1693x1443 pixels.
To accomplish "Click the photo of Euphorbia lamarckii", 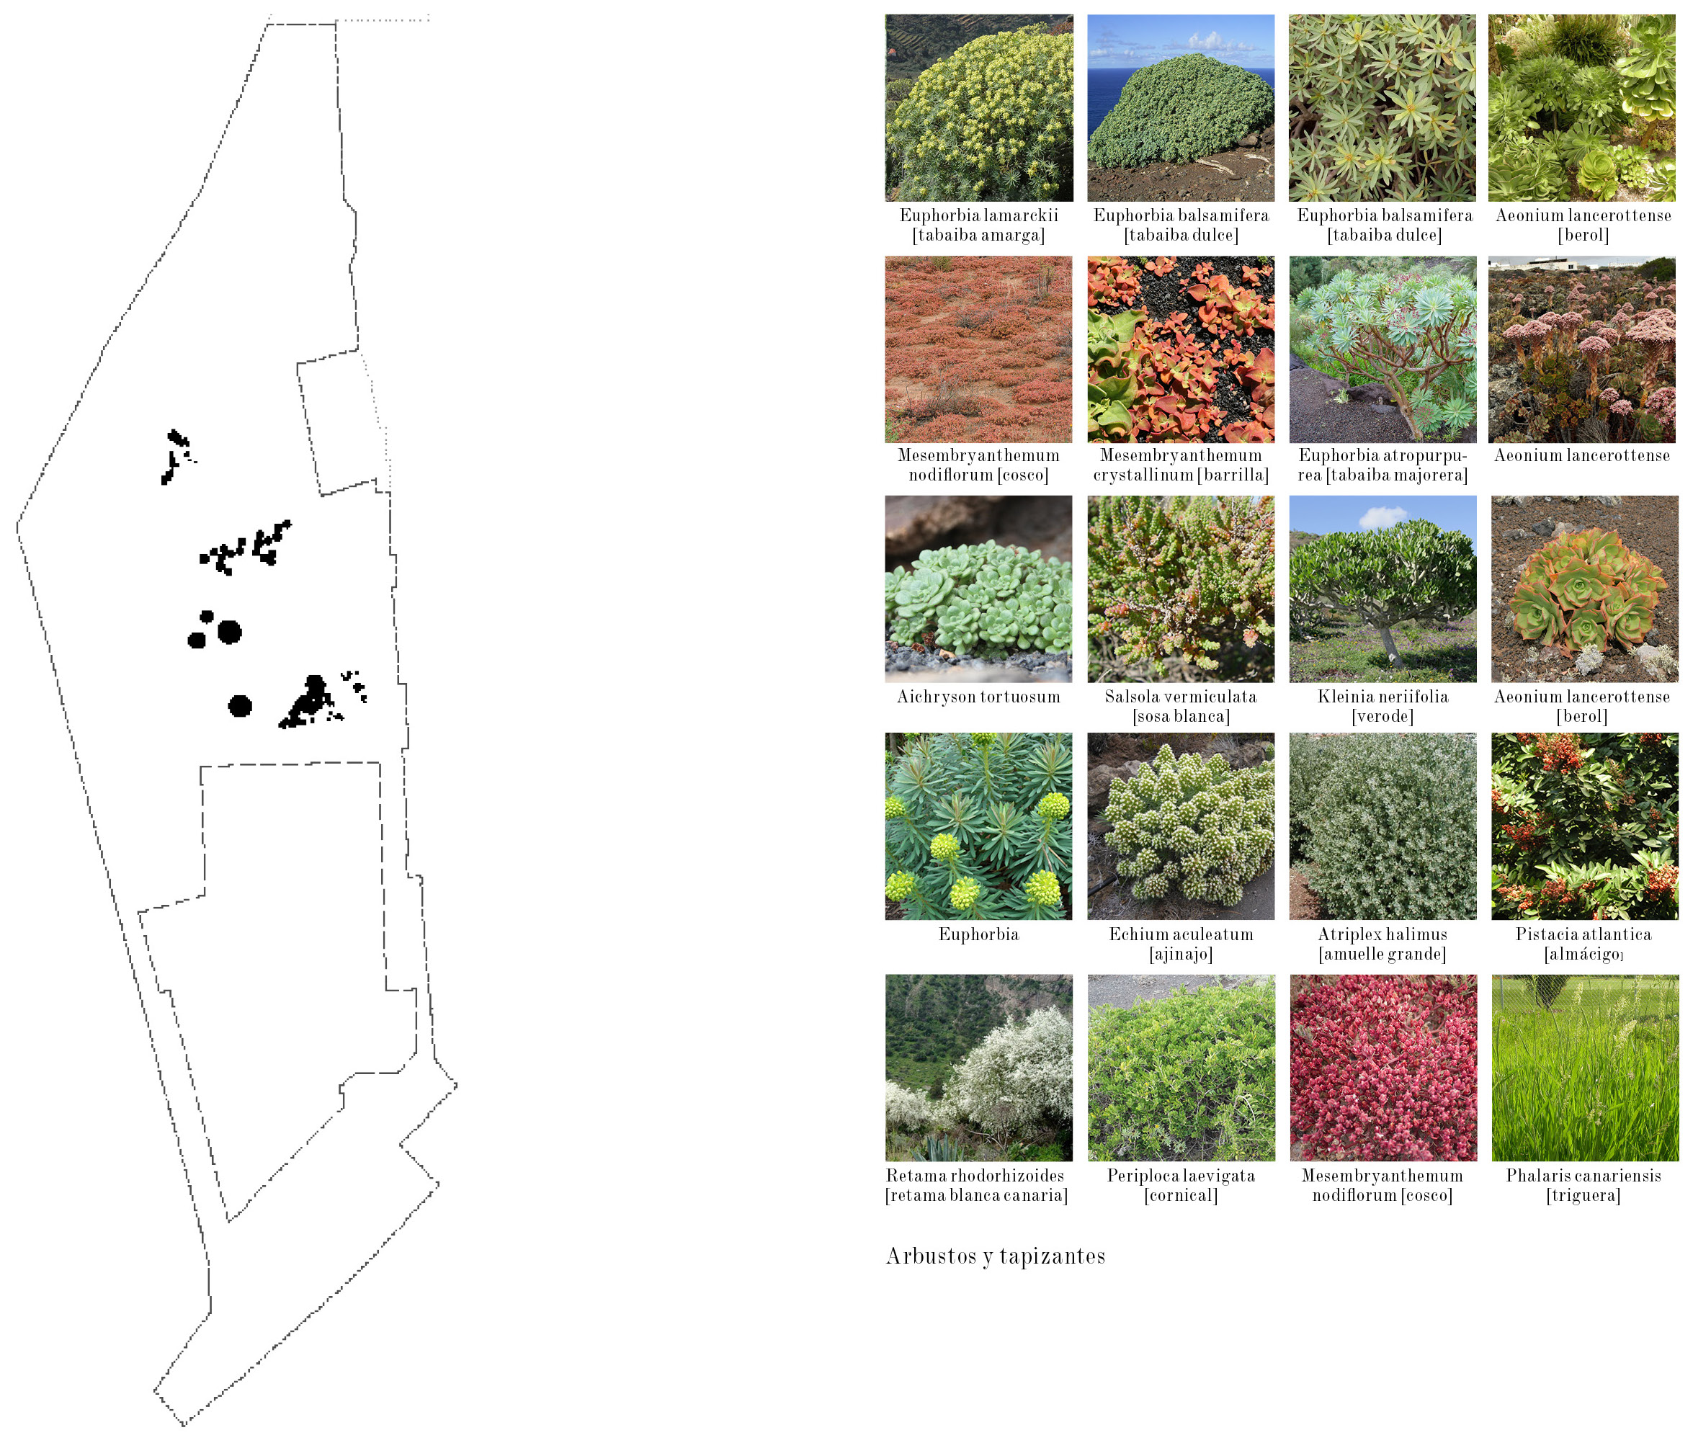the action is (x=979, y=108).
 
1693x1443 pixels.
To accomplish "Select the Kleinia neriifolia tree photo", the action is (x=1382, y=589).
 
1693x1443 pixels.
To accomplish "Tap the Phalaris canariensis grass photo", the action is (x=1585, y=1067).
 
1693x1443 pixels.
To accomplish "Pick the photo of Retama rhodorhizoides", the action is (x=979, y=1067).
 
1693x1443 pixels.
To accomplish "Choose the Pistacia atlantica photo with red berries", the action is (x=1585, y=826).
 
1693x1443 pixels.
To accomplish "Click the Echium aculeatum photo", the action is (x=1181, y=826).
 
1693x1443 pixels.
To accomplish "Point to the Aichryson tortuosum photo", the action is (x=979, y=589).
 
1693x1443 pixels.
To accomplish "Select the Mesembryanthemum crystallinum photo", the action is (x=1181, y=349).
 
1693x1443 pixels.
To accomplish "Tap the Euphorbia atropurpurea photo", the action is (x=1382, y=349).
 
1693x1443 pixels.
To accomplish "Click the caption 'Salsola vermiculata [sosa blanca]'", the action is (x=1181, y=706).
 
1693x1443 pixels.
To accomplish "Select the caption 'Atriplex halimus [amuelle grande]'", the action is (x=1382, y=944).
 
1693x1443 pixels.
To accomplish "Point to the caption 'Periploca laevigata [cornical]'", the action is (x=1181, y=1185).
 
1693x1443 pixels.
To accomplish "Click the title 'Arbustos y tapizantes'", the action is (x=995, y=1256).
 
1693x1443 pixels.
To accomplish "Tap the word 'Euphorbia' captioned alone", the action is (x=979, y=934).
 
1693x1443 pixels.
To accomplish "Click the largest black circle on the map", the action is (x=230, y=632).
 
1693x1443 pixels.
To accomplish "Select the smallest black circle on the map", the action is (x=207, y=616).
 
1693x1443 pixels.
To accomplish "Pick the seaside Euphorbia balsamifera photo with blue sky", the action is (x=1181, y=108).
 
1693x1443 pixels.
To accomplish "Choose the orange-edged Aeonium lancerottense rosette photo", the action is (x=1585, y=589).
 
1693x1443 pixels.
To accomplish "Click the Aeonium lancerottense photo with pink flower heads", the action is (x=1582, y=349).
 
